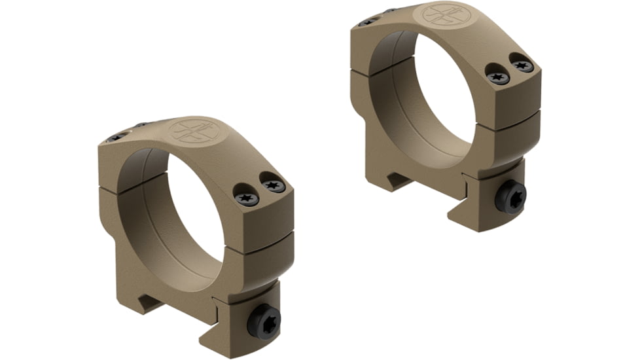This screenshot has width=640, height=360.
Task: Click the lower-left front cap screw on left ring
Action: tap(247, 197)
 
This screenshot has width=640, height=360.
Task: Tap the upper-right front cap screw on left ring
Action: tap(274, 186)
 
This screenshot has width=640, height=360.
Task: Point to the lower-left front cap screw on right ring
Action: tap(499, 77)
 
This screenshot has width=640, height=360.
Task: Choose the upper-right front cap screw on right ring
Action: tap(523, 65)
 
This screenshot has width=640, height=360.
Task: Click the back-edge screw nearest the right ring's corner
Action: tap(367, 21)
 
